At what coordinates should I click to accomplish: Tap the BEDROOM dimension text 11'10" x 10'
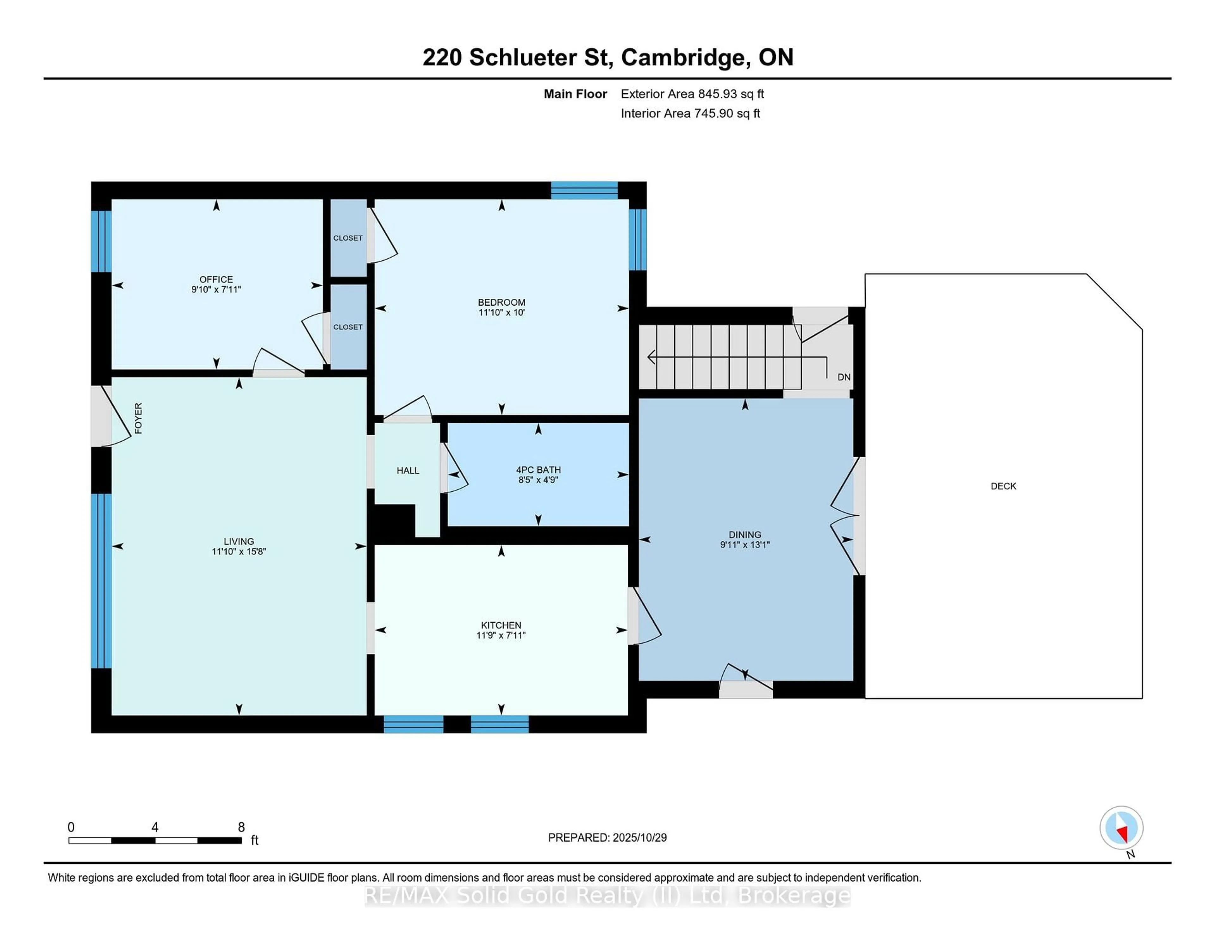click(501, 313)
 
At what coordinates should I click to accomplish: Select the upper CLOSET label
click(348, 238)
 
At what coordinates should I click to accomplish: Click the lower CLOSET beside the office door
click(348, 327)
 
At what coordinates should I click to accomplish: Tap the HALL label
click(408, 471)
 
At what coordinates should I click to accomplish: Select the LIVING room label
click(239, 541)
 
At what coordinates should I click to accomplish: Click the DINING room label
click(745, 535)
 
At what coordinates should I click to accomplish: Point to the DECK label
click(1003, 486)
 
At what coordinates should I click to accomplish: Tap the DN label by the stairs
click(843, 377)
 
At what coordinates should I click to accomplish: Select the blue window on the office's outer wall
click(101, 241)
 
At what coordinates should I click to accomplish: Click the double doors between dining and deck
click(857, 516)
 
